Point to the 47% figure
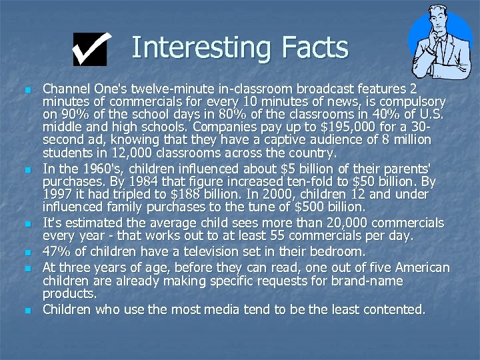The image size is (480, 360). coord(57,252)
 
